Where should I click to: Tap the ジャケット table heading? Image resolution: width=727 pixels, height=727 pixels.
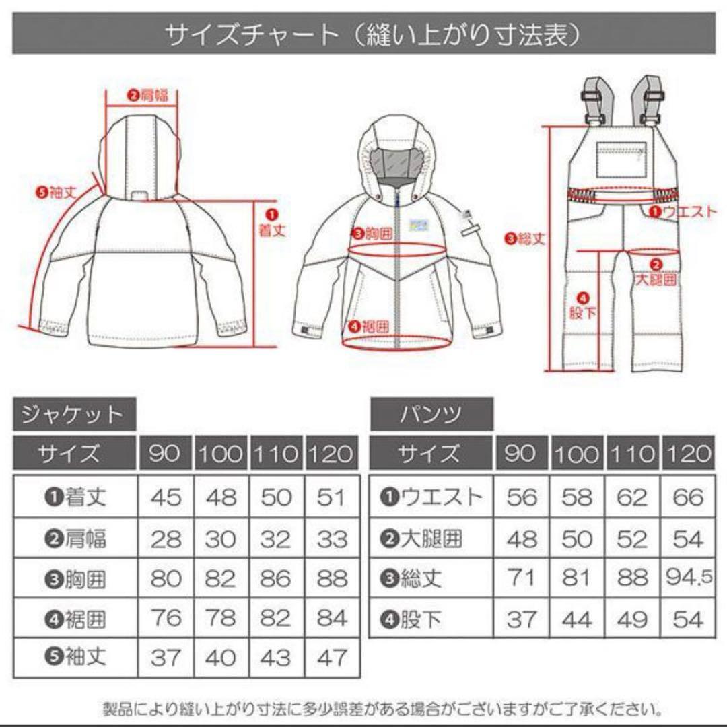pos(74,414)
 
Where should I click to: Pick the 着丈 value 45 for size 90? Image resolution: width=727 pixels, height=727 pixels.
pos(166,498)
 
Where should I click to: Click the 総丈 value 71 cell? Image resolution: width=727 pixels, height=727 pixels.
pos(522,579)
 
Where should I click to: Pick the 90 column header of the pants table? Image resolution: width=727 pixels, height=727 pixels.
pos(522,454)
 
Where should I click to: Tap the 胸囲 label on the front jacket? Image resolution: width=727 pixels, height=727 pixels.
pos(372,234)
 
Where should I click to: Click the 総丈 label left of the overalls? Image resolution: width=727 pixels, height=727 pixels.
pos(525,238)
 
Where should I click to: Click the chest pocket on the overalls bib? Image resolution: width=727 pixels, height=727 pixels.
pos(621,159)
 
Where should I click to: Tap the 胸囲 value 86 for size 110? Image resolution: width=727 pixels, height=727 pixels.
pos(276,579)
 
